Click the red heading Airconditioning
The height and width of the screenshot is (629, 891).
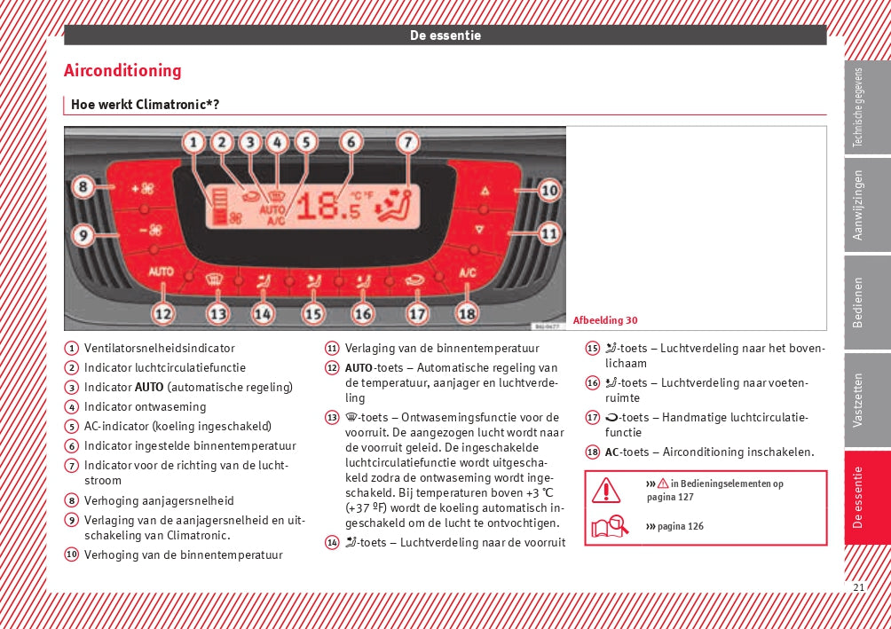tap(122, 71)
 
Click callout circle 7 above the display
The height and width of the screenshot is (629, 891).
tap(406, 141)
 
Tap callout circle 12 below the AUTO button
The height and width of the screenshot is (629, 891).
tap(162, 312)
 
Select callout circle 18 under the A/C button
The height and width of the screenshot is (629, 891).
tap(467, 312)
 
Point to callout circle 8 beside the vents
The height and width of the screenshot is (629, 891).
tap(83, 187)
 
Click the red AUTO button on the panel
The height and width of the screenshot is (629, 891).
tap(162, 271)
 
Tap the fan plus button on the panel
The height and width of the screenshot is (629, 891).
tap(142, 189)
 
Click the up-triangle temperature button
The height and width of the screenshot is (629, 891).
tap(485, 191)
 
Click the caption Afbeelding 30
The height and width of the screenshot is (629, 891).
tap(605, 320)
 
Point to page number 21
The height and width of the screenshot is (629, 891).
tap(858, 587)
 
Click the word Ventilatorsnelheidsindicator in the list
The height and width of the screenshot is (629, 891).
tap(160, 349)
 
